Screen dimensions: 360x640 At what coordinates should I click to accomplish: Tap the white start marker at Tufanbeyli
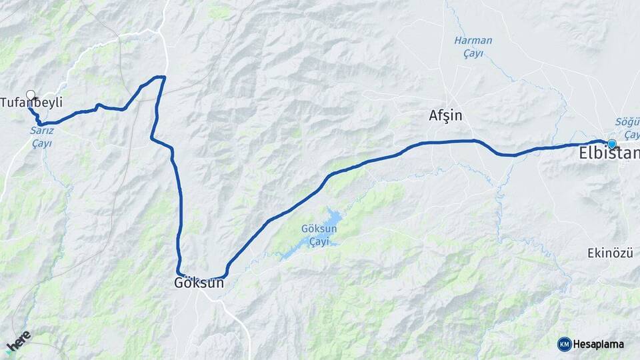click(x=30, y=95)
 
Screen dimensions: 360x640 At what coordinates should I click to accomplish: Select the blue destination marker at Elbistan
click(x=611, y=143)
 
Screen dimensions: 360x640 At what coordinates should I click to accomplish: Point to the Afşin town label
click(x=445, y=116)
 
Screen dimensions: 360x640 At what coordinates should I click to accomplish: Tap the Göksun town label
click(x=198, y=283)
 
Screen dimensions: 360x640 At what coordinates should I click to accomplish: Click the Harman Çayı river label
click(x=473, y=46)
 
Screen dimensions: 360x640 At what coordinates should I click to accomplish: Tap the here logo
click(x=18, y=341)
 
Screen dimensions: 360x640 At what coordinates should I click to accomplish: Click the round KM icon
click(x=564, y=344)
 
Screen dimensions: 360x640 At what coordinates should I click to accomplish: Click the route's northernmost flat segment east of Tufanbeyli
click(x=159, y=77)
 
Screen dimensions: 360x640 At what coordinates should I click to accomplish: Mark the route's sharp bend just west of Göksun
click(x=179, y=272)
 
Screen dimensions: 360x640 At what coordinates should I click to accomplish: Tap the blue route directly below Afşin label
click(x=445, y=141)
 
